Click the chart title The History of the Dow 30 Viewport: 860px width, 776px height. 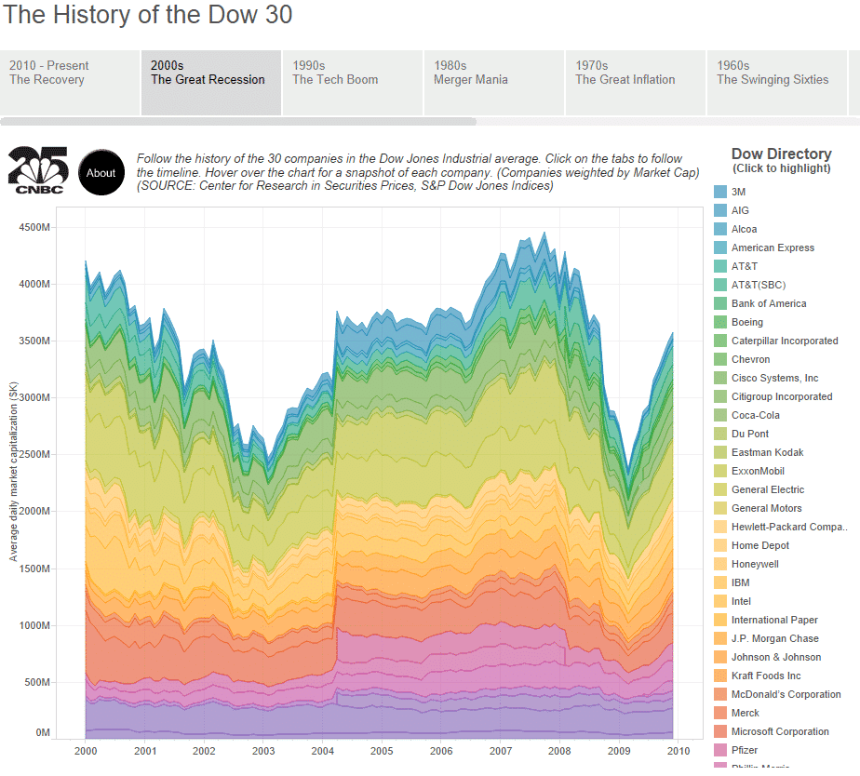click(147, 16)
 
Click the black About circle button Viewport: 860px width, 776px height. click(101, 172)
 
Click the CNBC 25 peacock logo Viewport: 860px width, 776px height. click(36, 170)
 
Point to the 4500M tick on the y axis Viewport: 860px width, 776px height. click(30, 227)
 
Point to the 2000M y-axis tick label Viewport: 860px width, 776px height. click(30, 512)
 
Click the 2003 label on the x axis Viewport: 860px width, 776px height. click(263, 751)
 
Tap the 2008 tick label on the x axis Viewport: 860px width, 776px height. click(559, 751)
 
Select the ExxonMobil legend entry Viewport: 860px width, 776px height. click(762, 471)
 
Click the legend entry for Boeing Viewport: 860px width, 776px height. click(746, 322)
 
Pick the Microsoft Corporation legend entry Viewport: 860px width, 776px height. click(780, 731)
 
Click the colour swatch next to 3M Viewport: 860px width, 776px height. click(719, 192)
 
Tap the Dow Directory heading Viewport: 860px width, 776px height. click(781, 154)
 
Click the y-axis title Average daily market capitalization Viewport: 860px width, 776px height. click(14, 471)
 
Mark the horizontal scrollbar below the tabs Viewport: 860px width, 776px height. click(238, 121)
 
